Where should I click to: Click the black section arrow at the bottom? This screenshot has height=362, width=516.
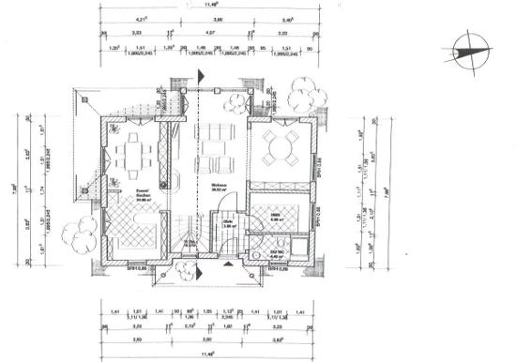pos(198,273)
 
